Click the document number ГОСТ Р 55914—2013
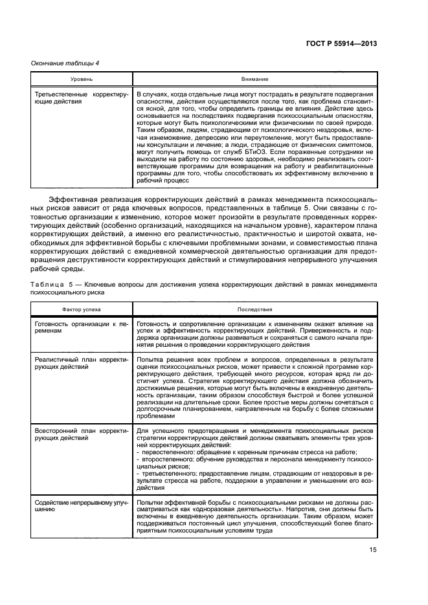coord(341,43)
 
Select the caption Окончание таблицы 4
coord(65,63)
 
